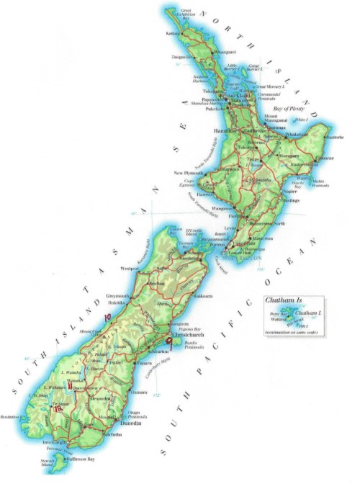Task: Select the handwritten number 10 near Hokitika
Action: [107, 316]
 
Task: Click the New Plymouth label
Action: [190, 174]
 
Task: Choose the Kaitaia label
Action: [173, 33]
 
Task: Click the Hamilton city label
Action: [228, 130]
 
